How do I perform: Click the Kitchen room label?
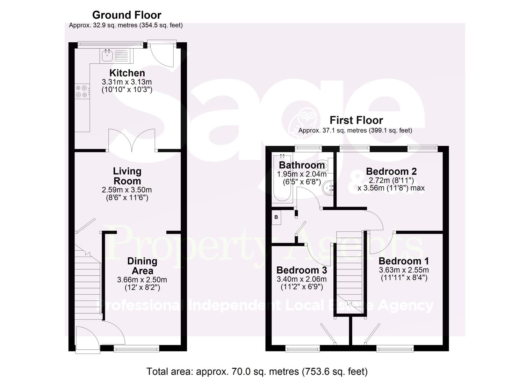[127, 73]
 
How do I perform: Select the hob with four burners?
[81, 91]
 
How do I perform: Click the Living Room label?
[127, 176]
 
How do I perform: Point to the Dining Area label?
[142, 266]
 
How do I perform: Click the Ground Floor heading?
[127, 15]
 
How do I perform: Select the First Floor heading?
[356, 120]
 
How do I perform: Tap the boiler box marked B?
[276, 217]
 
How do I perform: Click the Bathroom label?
[302, 165]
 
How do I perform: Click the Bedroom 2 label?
[391, 171]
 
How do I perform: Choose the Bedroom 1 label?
[404, 261]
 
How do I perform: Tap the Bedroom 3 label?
[302, 270]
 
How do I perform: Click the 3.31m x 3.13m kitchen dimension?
[127, 82]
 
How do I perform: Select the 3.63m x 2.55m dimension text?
[404, 270]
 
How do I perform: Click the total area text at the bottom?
[257, 371]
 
